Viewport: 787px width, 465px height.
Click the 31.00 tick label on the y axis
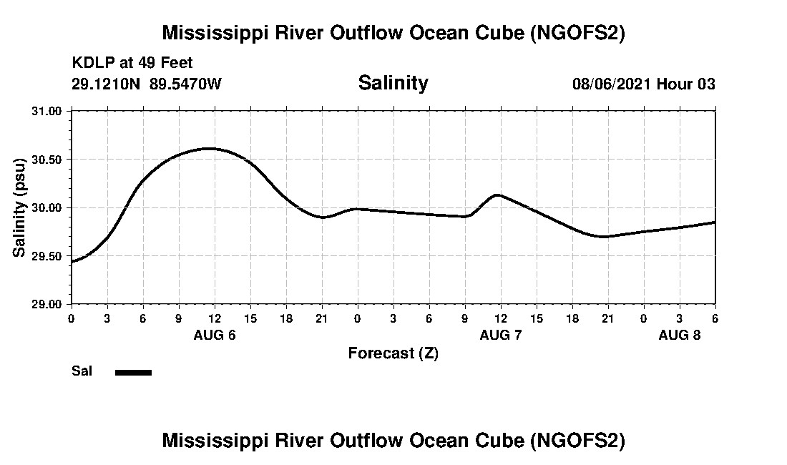[x=48, y=111]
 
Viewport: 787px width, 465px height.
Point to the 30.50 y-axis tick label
[x=48, y=159]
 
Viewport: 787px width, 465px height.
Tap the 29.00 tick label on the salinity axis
[x=48, y=304]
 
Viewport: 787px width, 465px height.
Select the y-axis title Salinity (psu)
[x=20, y=207]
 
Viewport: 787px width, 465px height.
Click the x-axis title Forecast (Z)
[x=393, y=353]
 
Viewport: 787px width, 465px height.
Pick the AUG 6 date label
[x=215, y=335]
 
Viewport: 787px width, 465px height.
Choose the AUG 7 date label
[x=501, y=335]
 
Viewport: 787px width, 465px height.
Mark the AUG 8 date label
[x=680, y=335]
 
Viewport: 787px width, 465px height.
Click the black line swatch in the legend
[x=133, y=372]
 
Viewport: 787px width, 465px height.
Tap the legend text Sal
[x=81, y=371]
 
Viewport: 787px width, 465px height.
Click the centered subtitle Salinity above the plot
[x=393, y=83]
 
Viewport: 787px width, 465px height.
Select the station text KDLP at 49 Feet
[x=132, y=64]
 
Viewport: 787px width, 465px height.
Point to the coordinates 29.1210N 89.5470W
[x=147, y=84]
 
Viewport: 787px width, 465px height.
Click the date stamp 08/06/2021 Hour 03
[x=643, y=84]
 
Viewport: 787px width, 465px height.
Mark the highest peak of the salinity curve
[x=208, y=148]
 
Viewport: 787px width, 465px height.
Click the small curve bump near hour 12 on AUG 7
[x=497, y=195]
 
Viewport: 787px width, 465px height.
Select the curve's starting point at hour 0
[x=72, y=262]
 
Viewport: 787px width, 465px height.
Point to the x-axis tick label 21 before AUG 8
[x=607, y=318]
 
